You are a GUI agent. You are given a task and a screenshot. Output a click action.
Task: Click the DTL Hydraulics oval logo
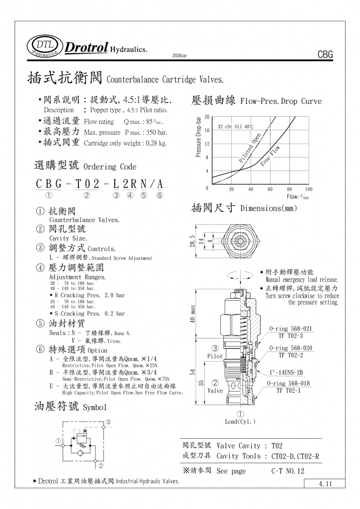pos(46,47)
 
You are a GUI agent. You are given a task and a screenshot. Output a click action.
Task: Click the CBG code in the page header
pos(324,55)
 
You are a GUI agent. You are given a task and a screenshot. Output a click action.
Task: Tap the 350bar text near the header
pos(179,56)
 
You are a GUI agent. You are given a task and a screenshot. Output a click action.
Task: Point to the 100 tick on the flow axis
pos(308,189)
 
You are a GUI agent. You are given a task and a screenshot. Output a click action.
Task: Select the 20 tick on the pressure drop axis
pos(207,116)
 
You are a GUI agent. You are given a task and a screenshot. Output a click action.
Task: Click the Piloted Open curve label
pos(250,148)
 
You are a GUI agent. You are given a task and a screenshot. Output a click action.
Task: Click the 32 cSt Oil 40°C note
pos(236,127)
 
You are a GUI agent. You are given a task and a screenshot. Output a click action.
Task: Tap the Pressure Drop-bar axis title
pos(198,138)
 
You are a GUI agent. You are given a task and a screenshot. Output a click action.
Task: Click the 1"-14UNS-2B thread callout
pos(286,372)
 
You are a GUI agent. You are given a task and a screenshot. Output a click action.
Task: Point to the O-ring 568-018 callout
pos(288,383)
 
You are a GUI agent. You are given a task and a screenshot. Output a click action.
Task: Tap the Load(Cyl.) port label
pos(240,422)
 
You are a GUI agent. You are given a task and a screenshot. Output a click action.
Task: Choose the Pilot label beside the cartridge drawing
pos(215,356)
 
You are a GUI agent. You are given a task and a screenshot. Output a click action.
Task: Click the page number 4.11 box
pos(326,484)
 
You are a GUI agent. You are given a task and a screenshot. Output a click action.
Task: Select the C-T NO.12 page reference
pos(287,471)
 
